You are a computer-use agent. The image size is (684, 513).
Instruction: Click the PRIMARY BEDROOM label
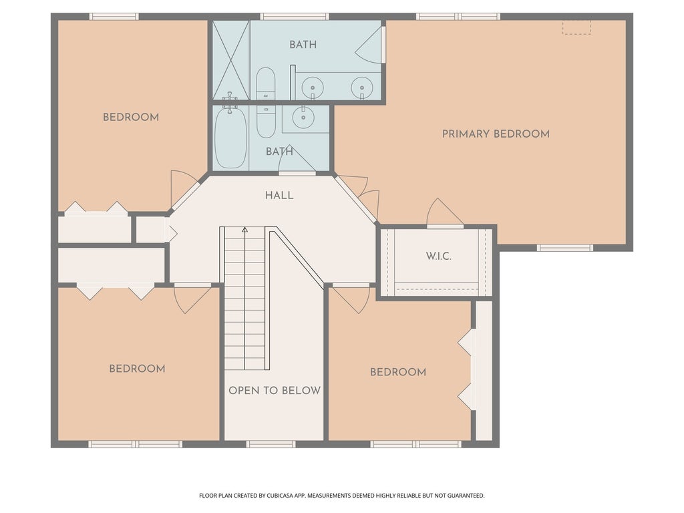tap(496, 134)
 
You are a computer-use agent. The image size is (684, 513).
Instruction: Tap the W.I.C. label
tap(438, 256)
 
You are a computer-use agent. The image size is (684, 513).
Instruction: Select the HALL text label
tap(279, 196)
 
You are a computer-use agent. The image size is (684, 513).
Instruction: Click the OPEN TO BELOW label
tap(275, 390)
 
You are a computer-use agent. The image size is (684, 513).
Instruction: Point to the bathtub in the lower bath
tap(230, 138)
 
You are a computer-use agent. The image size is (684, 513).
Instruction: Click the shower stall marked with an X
tap(230, 60)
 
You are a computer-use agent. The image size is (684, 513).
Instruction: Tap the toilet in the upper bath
tap(265, 83)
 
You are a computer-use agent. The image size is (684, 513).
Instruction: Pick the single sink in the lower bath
tap(303, 116)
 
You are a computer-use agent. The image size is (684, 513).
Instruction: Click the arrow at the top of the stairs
tap(244, 230)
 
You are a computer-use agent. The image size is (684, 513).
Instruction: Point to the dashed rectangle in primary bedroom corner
tap(576, 27)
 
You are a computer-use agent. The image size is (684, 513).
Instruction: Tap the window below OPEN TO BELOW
tap(271, 444)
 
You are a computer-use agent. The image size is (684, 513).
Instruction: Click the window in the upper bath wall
tap(295, 17)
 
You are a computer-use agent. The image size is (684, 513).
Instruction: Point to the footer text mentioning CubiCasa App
tap(341, 496)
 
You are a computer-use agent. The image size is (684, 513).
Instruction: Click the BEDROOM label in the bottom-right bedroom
tap(398, 372)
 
